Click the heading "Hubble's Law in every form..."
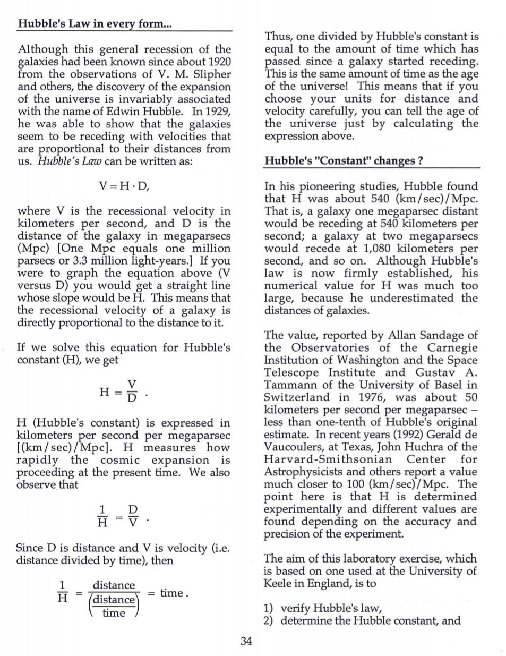[95, 24]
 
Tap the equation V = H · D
[127, 186]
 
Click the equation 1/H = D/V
[118, 516]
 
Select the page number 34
[246, 641]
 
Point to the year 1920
[219, 62]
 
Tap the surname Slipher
[210, 74]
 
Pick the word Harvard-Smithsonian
[328, 459]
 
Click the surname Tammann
[289, 385]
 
